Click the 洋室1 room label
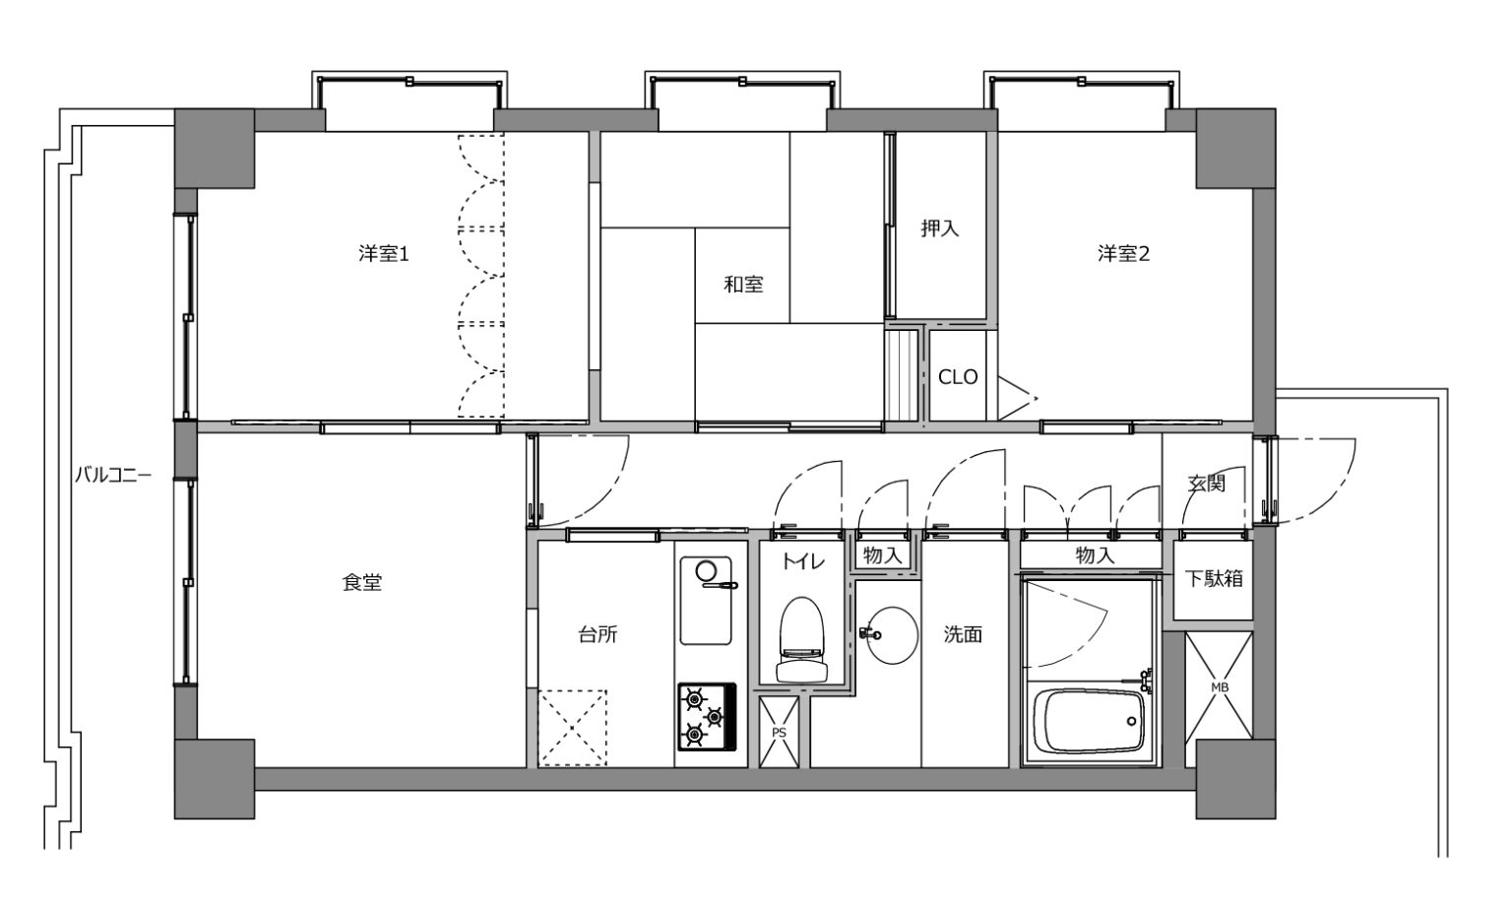tap(383, 254)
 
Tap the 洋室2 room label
tap(1123, 254)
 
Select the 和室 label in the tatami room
tap(743, 285)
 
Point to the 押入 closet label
tap(940, 229)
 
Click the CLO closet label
tap(958, 377)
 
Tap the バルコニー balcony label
tap(113, 475)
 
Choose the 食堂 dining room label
tap(362, 582)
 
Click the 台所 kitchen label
tap(598, 634)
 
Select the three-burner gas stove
tap(707, 717)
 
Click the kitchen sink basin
tap(706, 600)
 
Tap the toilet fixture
tap(802, 639)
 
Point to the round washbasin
tap(893, 635)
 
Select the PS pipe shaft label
tap(779, 733)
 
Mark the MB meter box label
tap(1219, 687)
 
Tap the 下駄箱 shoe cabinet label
tap(1214, 579)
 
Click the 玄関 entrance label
tap(1206, 484)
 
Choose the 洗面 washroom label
tap(963, 634)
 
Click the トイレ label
tap(803, 562)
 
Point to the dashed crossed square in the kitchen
tap(572, 728)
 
